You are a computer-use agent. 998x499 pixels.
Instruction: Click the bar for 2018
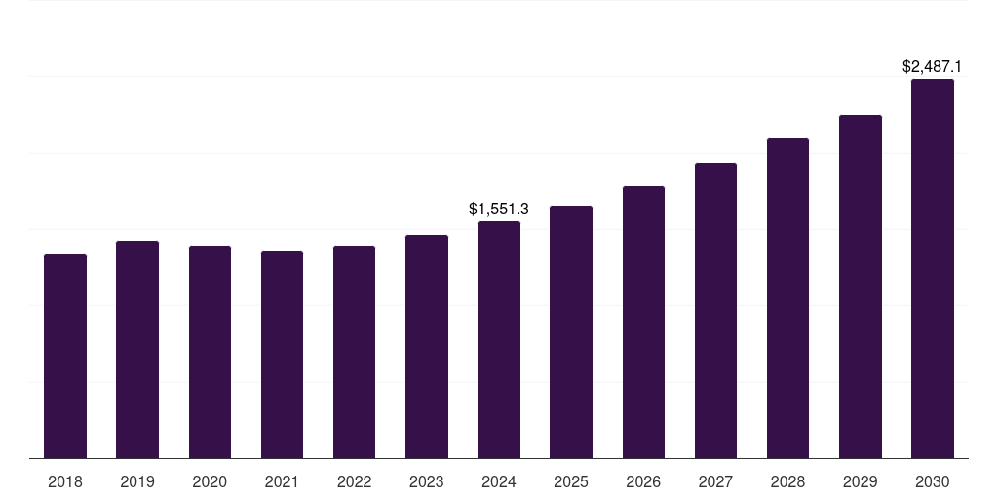pyautogui.click(x=65, y=357)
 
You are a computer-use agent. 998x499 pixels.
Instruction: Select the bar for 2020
pyautogui.click(x=210, y=352)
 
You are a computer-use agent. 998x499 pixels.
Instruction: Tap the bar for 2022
pyautogui.click(x=354, y=352)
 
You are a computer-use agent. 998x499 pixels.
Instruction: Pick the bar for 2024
pyautogui.click(x=499, y=340)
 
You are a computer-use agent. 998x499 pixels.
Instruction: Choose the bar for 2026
pyautogui.click(x=643, y=323)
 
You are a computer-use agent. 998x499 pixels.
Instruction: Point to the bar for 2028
pyautogui.click(x=787, y=298)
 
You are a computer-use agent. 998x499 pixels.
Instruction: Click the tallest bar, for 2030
pyautogui.click(x=933, y=269)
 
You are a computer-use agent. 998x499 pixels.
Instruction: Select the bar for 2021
pyautogui.click(x=282, y=355)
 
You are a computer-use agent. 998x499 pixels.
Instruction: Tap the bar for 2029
pyautogui.click(x=861, y=287)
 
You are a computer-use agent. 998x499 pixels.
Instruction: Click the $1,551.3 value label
pyautogui.click(x=499, y=209)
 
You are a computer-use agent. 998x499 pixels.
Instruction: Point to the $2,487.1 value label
pyautogui.click(x=933, y=67)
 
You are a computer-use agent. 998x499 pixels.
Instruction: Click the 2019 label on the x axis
pyautogui.click(x=137, y=481)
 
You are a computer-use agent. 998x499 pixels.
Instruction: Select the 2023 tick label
pyautogui.click(x=426, y=481)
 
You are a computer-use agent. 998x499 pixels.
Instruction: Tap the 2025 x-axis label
pyautogui.click(x=571, y=481)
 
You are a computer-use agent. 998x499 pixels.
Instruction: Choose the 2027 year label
pyautogui.click(x=715, y=481)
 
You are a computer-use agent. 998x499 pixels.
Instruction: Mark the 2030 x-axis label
pyautogui.click(x=933, y=481)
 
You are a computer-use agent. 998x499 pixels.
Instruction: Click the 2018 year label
pyautogui.click(x=65, y=481)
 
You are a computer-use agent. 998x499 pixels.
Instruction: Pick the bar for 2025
pyautogui.click(x=571, y=332)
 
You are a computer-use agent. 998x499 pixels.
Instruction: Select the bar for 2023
pyautogui.click(x=426, y=347)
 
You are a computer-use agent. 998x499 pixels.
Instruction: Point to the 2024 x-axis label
pyautogui.click(x=499, y=481)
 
